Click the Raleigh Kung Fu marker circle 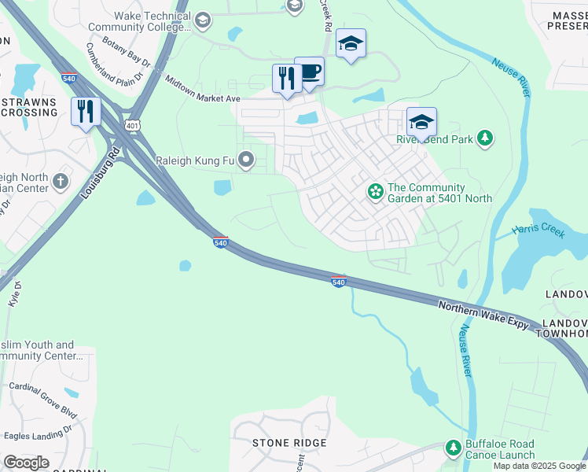point(247,161)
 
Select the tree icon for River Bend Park point(486,139)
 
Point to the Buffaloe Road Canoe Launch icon point(454,448)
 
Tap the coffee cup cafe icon point(310,72)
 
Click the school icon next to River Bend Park point(421,123)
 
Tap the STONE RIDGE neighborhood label point(288,443)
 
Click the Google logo point(26,463)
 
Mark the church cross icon point(61,183)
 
